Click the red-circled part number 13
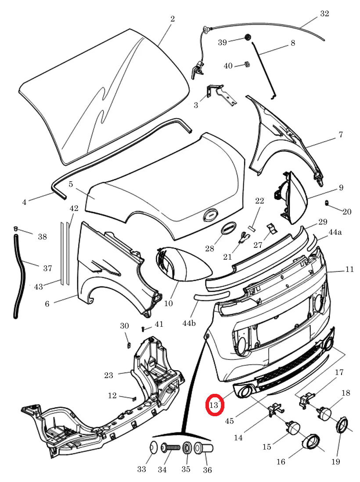point(213,405)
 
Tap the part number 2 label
point(173,19)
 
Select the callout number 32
point(324,14)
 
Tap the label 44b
point(189,323)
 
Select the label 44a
point(335,232)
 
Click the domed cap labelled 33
point(153,447)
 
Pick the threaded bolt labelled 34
point(171,447)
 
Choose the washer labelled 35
point(187,448)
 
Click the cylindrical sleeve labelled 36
point(203,447)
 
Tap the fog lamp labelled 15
point(293,428)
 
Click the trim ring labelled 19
point(342,425)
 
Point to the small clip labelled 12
point(134,399)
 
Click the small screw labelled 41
point(144,329)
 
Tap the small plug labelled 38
point(16,228)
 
